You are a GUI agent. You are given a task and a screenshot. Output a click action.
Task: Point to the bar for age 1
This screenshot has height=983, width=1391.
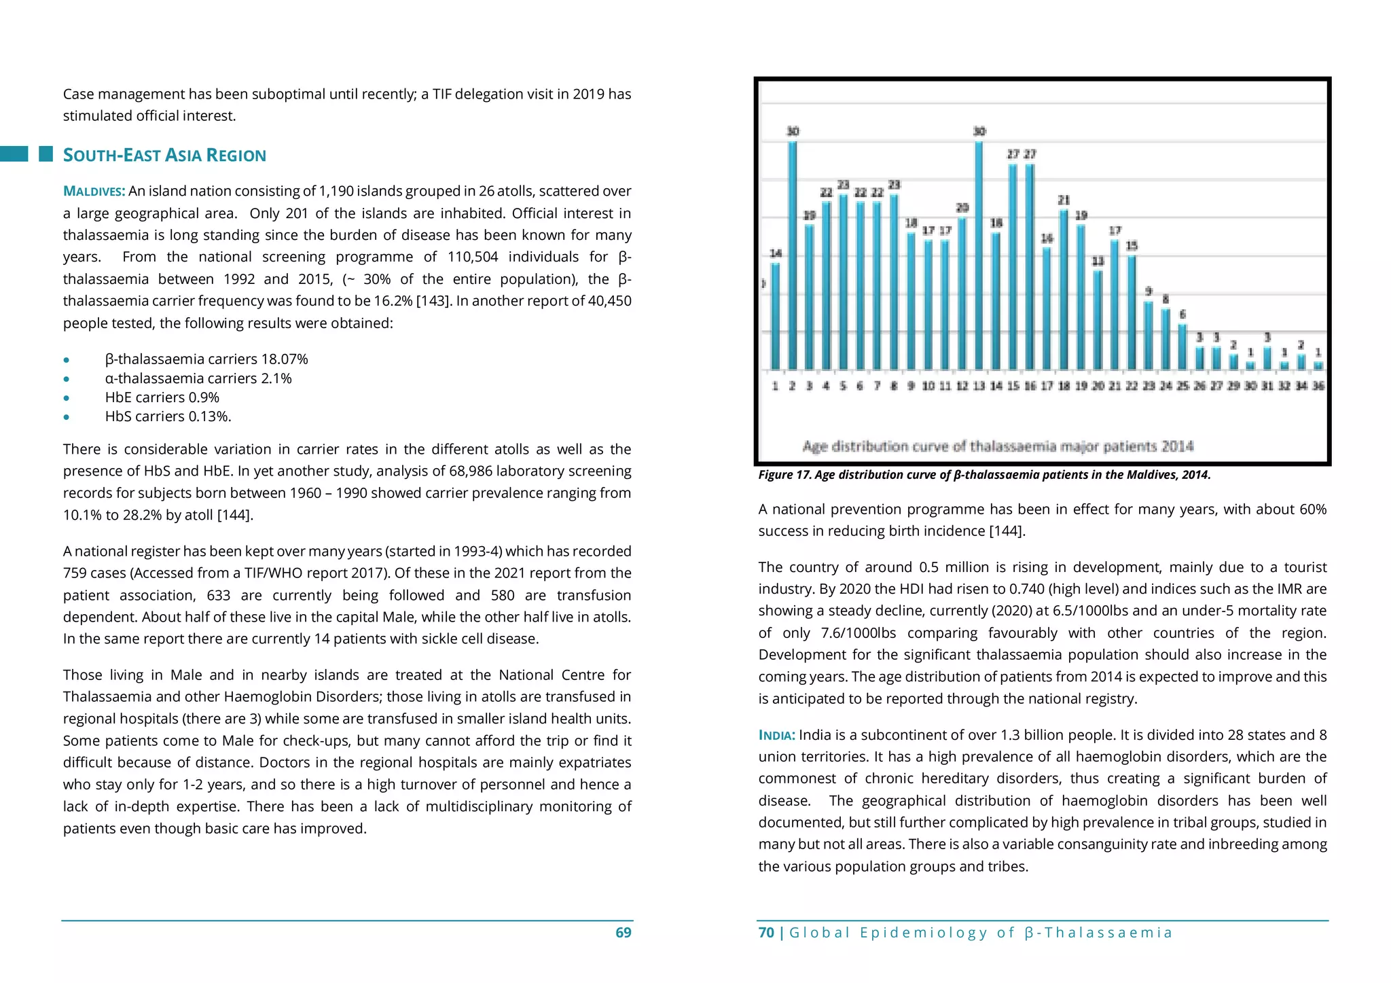point(775,316)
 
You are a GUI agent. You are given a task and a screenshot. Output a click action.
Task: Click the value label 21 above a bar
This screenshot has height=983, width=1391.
point(1064,200)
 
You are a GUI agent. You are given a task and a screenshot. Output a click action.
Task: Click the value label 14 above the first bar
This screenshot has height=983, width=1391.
point(776,253)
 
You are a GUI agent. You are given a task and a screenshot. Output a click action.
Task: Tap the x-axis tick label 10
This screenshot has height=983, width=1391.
point(928,386)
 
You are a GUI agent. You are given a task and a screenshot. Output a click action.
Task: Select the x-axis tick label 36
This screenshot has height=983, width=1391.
point(1318,386)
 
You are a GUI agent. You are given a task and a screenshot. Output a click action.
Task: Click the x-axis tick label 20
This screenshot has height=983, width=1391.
point(1098,386)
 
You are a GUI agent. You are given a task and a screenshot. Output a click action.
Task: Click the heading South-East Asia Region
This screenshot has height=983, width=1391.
point(164,156)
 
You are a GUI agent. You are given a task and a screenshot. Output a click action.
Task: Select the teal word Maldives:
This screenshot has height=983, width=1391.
point(94,192)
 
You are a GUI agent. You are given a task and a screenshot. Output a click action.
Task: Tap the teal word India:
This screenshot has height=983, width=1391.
point(776,735)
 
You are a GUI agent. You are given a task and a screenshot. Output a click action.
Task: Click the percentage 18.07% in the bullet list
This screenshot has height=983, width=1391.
point(285,359)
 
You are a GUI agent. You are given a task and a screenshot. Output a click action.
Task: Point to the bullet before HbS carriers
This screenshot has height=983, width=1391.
point(66,417)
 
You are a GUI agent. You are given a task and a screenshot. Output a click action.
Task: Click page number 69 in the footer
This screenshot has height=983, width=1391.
point(623,933)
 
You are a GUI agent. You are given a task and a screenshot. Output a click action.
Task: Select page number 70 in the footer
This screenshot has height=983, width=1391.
point(766,933)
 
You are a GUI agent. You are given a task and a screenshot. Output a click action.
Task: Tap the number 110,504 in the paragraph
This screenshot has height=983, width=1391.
point(472,257)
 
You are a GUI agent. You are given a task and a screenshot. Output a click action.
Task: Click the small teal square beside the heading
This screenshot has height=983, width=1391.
point(46,154)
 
